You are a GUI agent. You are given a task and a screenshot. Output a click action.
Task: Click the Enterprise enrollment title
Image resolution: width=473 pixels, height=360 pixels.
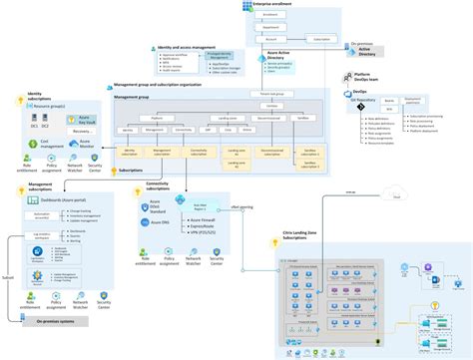[276, 6]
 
